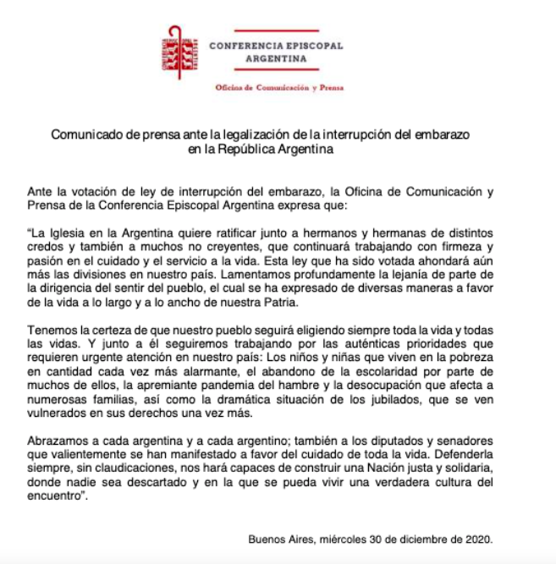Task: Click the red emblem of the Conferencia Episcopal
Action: [179, 52]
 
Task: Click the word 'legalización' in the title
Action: [244, 135]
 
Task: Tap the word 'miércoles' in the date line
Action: [348, 539]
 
